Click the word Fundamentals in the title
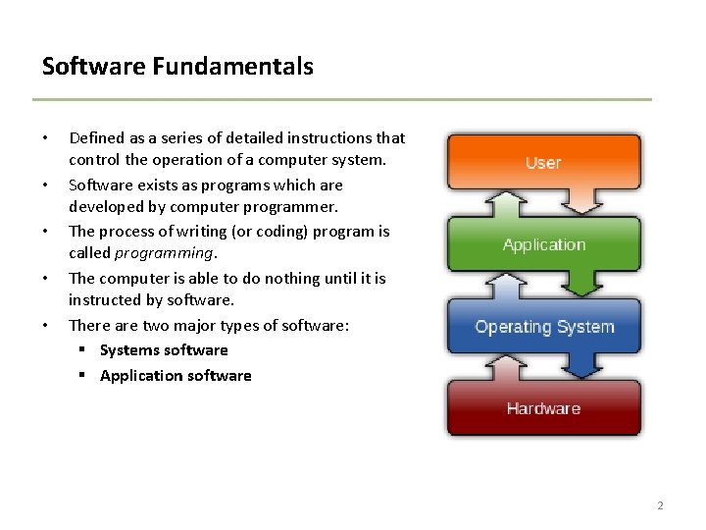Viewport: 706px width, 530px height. click(x=232, y=66)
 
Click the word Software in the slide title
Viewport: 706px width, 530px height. click(x=94, y=66)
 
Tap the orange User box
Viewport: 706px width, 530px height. click(x=544, y=161)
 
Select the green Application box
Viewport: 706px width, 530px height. click(x=544, y=243)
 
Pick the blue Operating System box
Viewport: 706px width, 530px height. click(x=544, y=326)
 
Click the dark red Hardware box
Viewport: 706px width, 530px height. click(x=544, y=408)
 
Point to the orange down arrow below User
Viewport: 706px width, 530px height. click(x=581, y=200)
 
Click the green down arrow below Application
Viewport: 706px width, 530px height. click(x=581, y=283)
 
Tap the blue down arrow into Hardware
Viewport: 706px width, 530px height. click(x=581, y=365)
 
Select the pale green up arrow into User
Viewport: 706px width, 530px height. click(x=507, y=204)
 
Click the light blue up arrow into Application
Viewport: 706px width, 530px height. click(x=507, y=287)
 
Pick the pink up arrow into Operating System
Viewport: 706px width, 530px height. click(x=507, y=368)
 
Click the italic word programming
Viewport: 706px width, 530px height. click(x=164, y=254)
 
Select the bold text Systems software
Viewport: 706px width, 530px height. click(x=164, y=350)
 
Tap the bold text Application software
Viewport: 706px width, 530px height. click(x=176, y=375)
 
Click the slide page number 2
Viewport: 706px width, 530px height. click(x=660, y=505)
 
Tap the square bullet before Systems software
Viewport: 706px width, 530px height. click(x=81, y=348)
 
